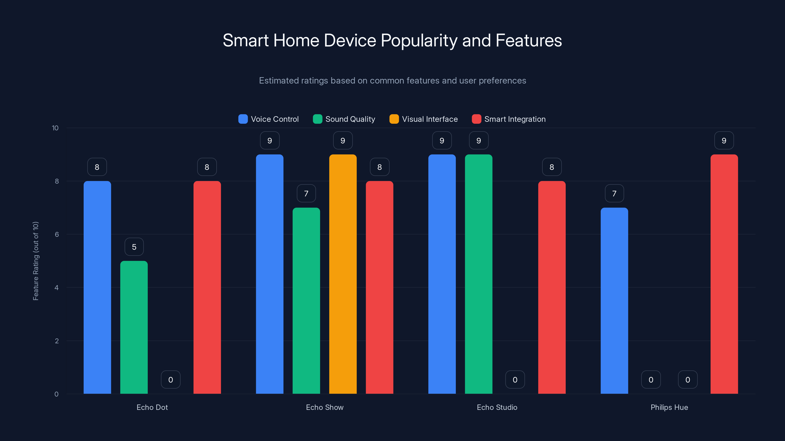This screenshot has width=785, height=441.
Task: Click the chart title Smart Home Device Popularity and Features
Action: coord(392,40)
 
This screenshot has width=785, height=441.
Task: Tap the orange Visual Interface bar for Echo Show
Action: coord(343,274)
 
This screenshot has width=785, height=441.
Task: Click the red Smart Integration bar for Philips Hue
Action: coord(724,274)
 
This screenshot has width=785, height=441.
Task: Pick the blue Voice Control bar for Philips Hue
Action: coord(614,301)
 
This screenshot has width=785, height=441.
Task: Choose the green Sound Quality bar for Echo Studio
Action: coord(478,274)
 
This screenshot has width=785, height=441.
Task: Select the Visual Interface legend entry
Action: coord(424,119)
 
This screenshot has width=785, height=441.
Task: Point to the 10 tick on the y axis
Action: coord(55,128)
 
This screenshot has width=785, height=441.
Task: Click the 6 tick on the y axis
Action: coord(57,234)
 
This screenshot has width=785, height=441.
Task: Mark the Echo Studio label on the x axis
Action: coord(497,407)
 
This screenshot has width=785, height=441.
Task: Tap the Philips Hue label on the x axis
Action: coord(669,407)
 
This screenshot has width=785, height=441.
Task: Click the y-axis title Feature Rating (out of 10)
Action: coord(36,261)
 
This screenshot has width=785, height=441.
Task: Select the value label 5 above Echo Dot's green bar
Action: coord(134,247)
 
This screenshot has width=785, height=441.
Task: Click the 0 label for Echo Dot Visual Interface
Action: coord(171,380)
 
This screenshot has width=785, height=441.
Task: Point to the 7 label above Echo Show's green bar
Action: coord(306,194)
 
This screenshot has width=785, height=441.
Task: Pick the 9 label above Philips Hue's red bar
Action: coord(724,141)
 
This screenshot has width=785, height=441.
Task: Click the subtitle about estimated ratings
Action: coord(392,81)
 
